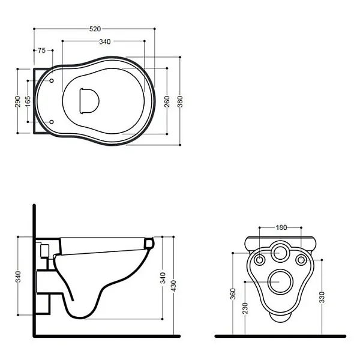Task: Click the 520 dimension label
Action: [x=95, y=29]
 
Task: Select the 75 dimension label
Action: [x=41, y=50]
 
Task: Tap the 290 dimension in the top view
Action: [x=17, y=101]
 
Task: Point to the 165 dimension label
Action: [x=28, y=101]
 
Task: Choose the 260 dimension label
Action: [x=167, y=101]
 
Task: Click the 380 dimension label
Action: [x=180, y=101]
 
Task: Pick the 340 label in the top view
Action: [x=105, y=41]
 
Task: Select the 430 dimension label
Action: [x=173, y=286]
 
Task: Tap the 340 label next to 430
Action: [x=163, y=278]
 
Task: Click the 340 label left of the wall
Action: [x=18, y=277]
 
